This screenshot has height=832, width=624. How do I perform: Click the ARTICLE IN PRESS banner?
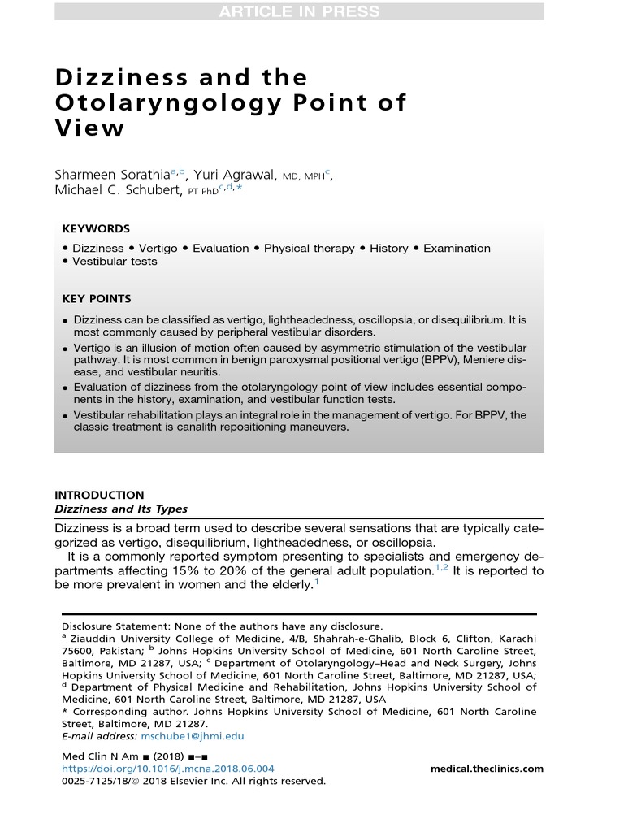pyautogui.click(x=299, y=11)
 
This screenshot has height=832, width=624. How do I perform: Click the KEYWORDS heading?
pyautogui.click(x=96, y=229)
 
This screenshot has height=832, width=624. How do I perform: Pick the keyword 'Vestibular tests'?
pyautogui.click(x=115, y=262)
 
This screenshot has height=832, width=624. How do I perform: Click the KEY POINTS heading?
pyautogui.click(x=97, y=299)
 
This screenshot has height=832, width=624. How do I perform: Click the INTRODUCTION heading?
pyautogui.click(x=99, y=495)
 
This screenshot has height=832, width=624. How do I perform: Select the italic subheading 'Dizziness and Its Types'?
pyautogui.click(x=120, y=509)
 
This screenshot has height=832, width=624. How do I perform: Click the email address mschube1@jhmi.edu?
pyautogui.click(x=204, y=736)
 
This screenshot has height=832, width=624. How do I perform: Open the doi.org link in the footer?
pyautogui.click(x=168, y=769)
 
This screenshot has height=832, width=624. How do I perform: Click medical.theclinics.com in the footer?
pyautogui.click(x=486, y=769)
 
